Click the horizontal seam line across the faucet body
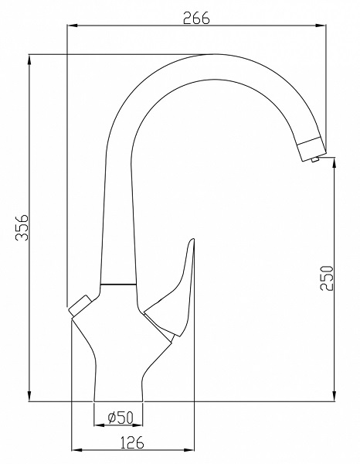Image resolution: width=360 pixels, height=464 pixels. pyautogui.click(x=118, y=285)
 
